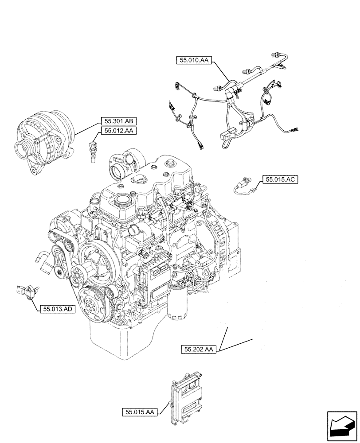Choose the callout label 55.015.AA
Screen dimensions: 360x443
(139, 412)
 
